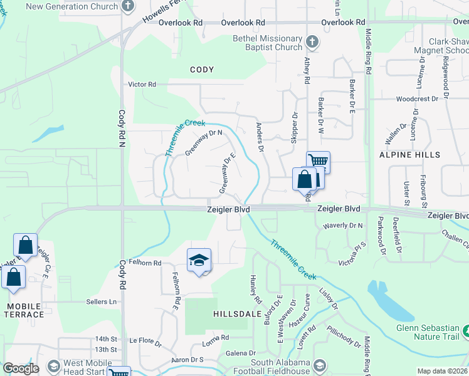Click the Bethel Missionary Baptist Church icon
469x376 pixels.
click(x=312, y=43)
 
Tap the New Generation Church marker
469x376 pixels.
click(x=128, y=6)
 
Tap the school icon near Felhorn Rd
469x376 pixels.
click(x=199, y=260)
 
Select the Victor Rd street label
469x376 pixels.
click(x=142, y=84)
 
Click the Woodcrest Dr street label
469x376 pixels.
click(x=417, y=99)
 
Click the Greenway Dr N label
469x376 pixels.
click(x=204, y=143)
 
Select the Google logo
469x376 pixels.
click(x=21, y=368)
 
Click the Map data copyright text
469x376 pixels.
click(x=443, y=371)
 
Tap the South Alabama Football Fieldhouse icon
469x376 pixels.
click(x=320, y=366)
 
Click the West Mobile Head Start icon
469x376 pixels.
click(x=53, y=366)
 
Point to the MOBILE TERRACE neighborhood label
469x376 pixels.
click(x=24, y=311)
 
